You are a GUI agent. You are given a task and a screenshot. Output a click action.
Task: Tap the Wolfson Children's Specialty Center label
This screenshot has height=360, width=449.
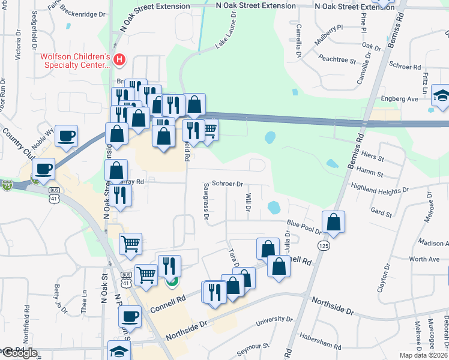click(74, 61)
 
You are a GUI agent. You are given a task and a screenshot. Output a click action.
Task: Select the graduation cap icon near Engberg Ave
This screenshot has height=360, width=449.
click(442, 97)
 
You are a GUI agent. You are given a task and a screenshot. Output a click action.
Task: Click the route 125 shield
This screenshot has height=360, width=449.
click(324, 246)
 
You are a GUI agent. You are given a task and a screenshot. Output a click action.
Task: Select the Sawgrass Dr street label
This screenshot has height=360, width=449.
click(205, 202)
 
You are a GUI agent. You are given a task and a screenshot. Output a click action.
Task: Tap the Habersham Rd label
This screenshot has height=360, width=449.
click(320, 343)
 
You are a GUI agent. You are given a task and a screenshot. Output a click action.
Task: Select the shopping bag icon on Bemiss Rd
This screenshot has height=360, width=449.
click(334, 221)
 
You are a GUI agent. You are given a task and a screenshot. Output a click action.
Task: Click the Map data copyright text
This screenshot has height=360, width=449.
click(424, 355)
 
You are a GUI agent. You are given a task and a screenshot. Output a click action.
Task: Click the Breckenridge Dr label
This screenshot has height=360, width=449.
click(84, 12)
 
